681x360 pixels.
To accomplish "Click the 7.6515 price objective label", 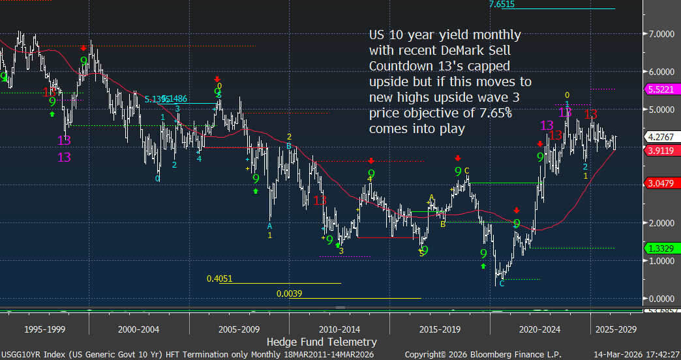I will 502,4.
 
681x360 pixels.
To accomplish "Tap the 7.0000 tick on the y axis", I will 660,34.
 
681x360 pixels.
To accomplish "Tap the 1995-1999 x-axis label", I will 44,329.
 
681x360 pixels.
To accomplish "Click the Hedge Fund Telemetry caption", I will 322,342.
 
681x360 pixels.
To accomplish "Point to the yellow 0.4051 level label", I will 219,279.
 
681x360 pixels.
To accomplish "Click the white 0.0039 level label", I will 289,294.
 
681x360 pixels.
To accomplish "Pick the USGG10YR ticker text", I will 25,353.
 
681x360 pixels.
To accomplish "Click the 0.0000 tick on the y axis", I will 660,299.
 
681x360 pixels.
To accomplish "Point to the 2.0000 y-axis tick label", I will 660,223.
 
